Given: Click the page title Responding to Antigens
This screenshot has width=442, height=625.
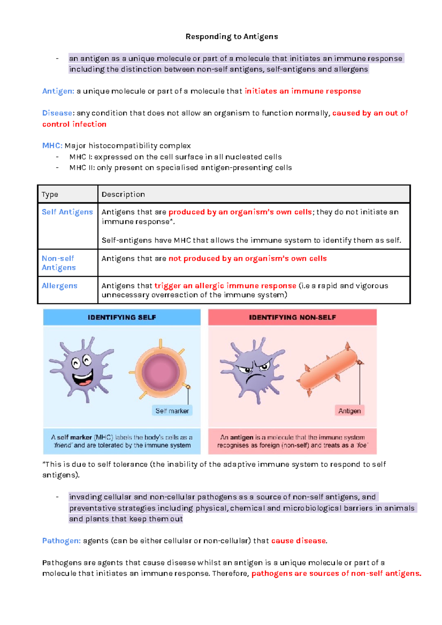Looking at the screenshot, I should click(x=232, y=36).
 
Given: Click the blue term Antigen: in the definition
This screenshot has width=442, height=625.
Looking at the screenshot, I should click(x=58, y=91).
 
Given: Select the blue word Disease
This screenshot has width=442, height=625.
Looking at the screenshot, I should click(x=57, y=113).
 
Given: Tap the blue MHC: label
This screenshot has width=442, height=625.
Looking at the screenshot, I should click(x=52, y=146).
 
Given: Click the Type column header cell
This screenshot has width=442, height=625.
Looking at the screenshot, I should click(x=50, y=194).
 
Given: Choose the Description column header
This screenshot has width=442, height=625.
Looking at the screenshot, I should click(x=123, y=194).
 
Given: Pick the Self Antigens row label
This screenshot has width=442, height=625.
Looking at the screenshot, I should click(x=67, y=212).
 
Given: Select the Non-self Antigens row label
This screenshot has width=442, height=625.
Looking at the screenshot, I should click(x=59, y=263).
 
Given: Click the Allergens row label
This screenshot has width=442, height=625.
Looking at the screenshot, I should click(x=59, y=286).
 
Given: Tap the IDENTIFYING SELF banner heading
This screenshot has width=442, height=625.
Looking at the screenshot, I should click(x=122, y=317).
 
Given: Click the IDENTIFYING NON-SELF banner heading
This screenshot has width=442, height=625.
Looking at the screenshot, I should click(x=292, y=317).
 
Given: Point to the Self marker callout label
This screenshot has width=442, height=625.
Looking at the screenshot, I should click(x=172, y=411).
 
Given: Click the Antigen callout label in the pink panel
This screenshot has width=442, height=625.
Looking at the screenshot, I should click(x=350, y=411).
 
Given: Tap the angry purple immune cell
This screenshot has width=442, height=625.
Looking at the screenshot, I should click(x=253, y=370).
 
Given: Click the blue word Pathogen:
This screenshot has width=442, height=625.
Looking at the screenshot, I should click(x=61, y=541).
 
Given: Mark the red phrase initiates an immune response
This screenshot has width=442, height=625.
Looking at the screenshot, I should click(x=302, y=91).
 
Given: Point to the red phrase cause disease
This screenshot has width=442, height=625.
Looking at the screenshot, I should click(x=299, y=541).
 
